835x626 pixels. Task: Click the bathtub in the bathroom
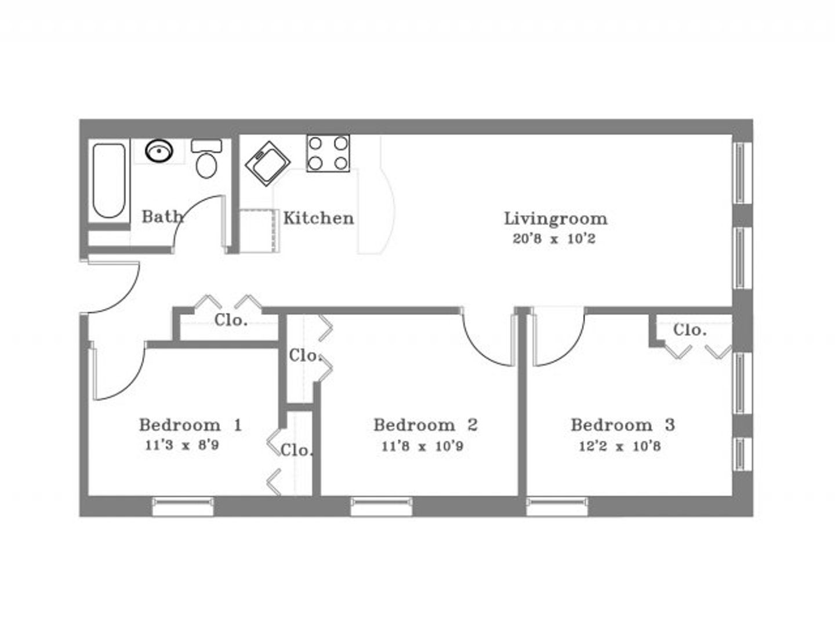(x=109, y=180)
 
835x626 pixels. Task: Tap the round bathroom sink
(x=159, y=151)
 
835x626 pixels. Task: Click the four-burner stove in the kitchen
(x=328, y=154)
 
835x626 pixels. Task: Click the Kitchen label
(x=318, y=219)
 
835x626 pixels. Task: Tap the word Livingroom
(x=556, y=219)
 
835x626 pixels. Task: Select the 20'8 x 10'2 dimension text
(x=554, y=239)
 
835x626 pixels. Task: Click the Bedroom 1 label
(x=190, y=425)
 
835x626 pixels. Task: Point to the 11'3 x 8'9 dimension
(x=181, y=446)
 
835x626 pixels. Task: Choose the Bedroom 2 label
(x=425, y=425)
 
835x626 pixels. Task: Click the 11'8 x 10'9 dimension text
(x=422, y=446)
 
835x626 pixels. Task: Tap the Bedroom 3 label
(x=622, y=425)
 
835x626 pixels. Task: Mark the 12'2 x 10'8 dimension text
(x=620, y=446)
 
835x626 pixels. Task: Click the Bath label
(x=162, y=217)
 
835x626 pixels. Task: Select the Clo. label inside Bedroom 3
(x=689, y=330)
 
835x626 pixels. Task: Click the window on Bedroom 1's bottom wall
(x=183, y=506)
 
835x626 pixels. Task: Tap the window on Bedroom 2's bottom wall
(x=381, y=506)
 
